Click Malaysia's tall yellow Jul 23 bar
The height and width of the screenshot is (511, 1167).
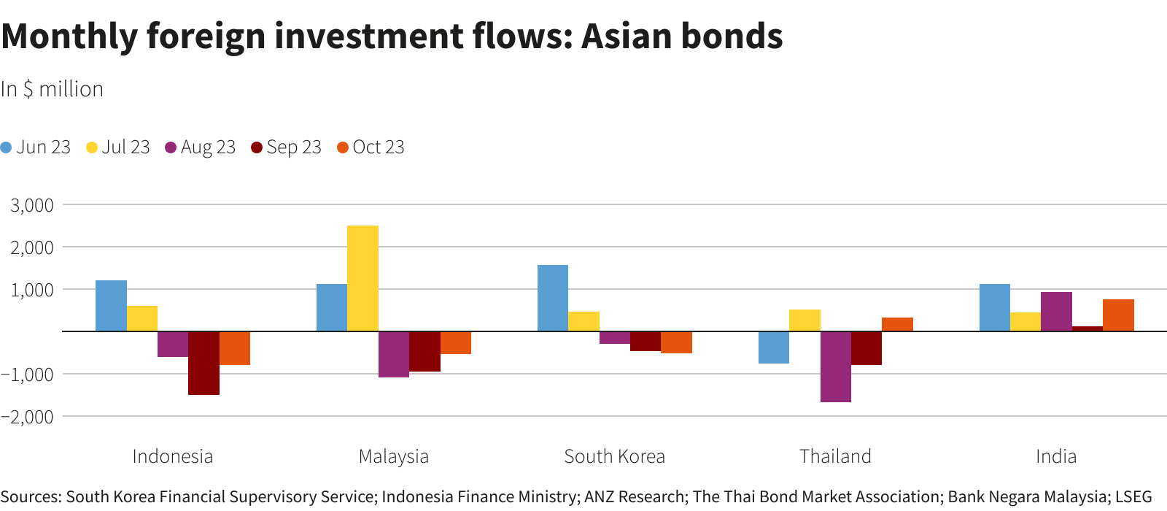click(x=362, y=278)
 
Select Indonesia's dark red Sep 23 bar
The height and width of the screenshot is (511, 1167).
click(x=203, y=363)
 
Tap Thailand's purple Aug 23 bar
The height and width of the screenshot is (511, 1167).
click(x=835, y=366)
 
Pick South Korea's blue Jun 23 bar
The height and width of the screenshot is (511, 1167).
click(x=553, y=298)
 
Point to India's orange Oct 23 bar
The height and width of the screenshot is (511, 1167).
click(x=1118, y=315)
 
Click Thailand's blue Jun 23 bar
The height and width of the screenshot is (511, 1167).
click(x=774, y=347)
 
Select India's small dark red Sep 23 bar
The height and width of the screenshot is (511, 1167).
click(x=1087, y=328)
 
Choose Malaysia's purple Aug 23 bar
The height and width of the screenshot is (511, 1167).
click(x=394, y=354)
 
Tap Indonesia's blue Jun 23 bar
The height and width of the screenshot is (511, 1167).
click(x=111, y=306)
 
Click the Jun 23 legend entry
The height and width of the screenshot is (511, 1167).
click(x=36, y=147)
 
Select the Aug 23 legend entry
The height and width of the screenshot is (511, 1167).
click(x=201, y=147)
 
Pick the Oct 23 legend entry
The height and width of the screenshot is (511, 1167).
click(x=371, y=147)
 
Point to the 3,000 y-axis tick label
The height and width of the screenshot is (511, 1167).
click(x=32, y=205)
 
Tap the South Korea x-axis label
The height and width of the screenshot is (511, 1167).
click(x=614, y=457)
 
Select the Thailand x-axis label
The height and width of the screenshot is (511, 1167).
click(x=835, y=457)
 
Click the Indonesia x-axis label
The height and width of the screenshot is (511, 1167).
click(x=173, y=457)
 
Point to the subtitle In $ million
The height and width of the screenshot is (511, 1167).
click(x=52, y=89)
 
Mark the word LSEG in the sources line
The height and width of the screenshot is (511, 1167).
click(x=1133, y=497)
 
